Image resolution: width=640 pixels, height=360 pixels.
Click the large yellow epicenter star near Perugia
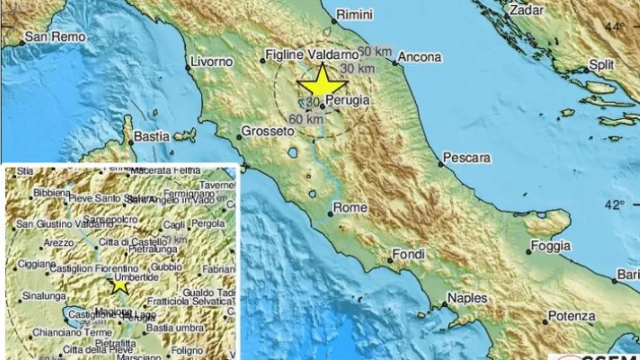click(x=323, y=84)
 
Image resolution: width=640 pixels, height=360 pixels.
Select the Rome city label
click(x=349, y=207)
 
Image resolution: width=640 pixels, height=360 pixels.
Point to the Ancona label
click(x=419, y=57)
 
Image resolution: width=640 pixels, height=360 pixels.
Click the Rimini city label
click(x=354, y=14)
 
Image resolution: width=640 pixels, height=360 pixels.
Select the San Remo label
click(x=48, y=37)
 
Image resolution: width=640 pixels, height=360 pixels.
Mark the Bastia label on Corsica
click(x=152, y=136)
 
